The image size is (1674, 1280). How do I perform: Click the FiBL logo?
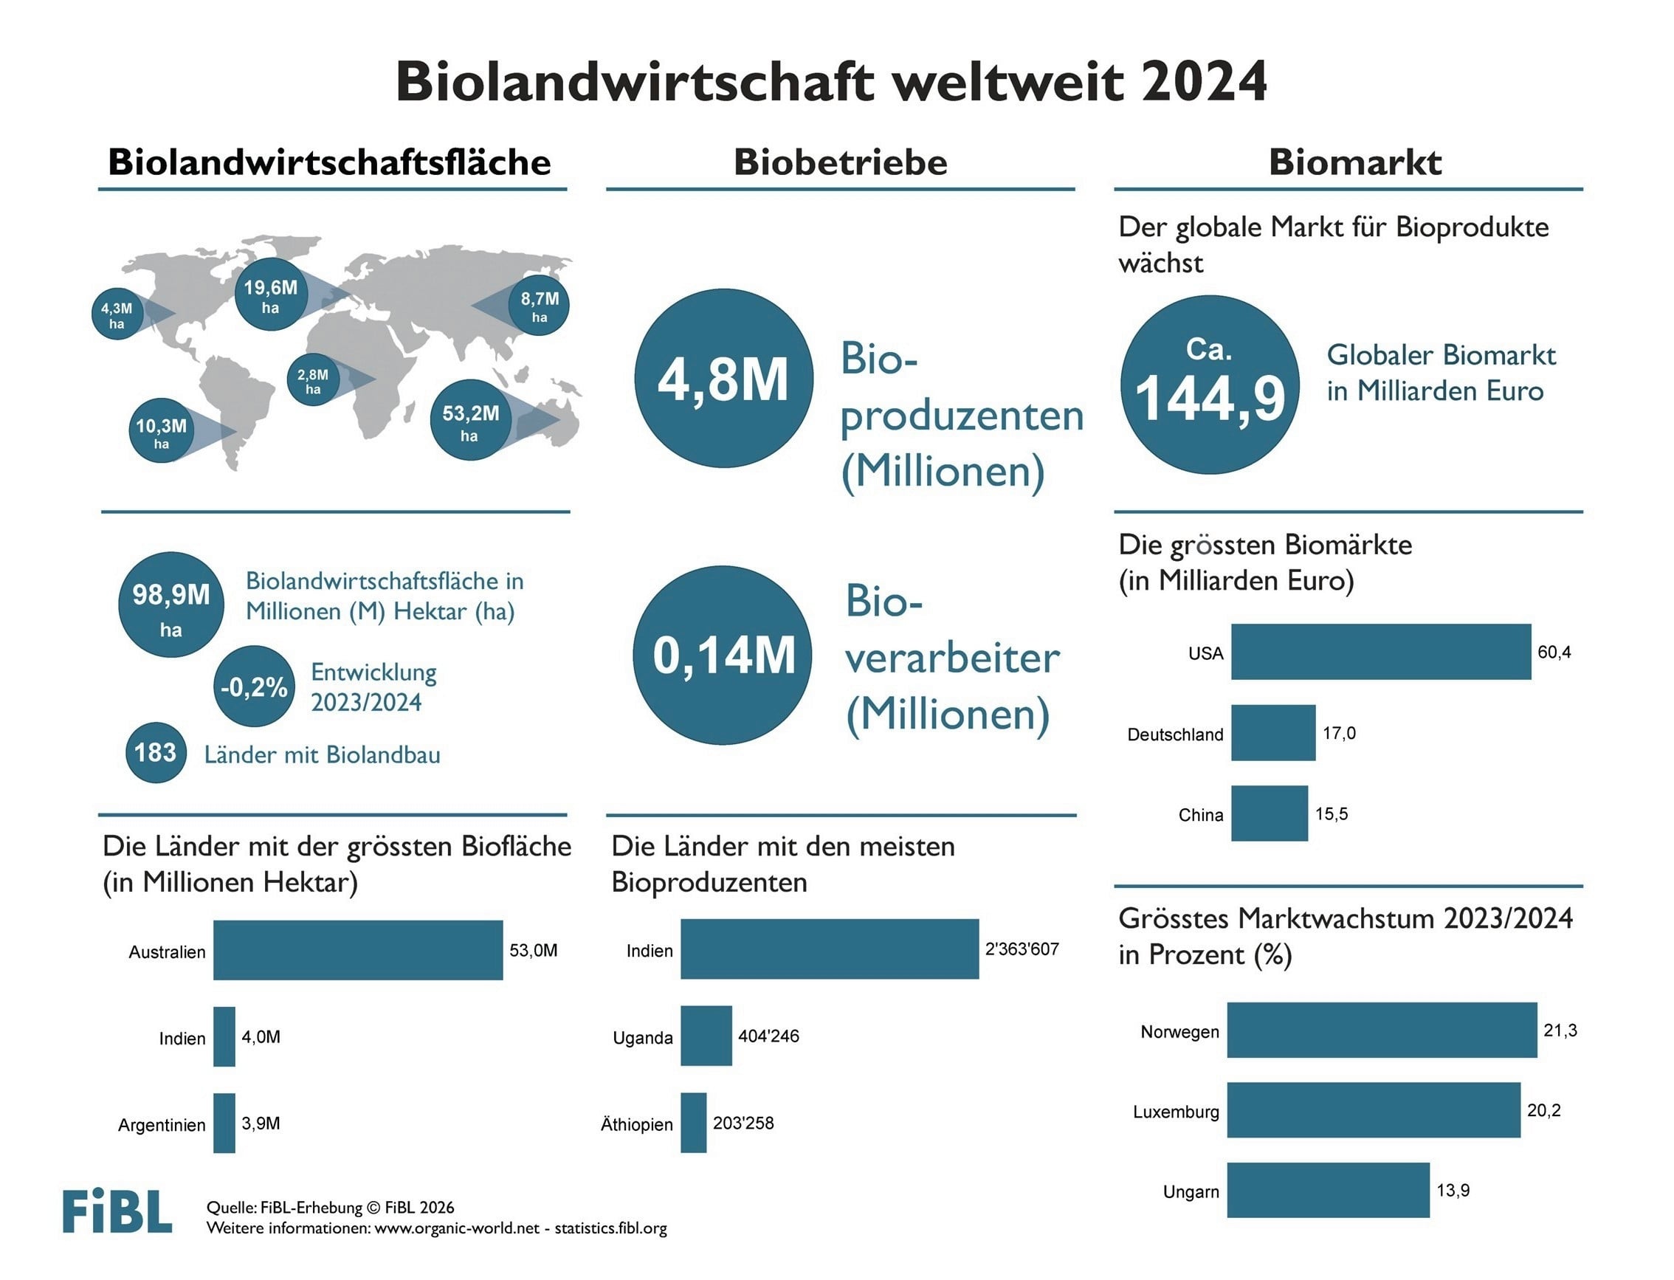click(x=117, y=1211)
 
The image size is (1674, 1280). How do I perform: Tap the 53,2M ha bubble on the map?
click(x=470, y=420)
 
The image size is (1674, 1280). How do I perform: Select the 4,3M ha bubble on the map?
click(x=117, y=314)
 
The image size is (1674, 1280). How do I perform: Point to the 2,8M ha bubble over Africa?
click(x=313, y=379)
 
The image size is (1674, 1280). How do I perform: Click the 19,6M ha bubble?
click(x=271, y=295)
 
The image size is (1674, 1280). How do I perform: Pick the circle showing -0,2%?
click(x=254, y=687)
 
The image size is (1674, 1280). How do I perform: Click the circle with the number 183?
click(x=155, y=753)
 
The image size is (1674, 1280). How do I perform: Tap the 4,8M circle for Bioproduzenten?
click(x=723, y=378)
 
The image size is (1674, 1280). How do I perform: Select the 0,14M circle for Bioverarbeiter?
click(x=723, y=656)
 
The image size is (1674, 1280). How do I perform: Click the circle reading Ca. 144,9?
click(x=1210, y=385)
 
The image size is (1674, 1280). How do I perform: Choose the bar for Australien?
click(x=358, y=950)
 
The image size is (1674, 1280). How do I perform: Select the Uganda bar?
click(x=706, y=1036)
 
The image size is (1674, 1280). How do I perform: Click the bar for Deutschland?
click(x=1272, y=733)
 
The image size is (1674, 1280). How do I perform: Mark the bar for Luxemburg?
click(x=1373, y=1110)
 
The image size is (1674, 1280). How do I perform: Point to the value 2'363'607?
click(x=1022, y=949)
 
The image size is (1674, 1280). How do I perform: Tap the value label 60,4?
click(x=1554, y=653)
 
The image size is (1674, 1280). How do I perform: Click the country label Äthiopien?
click(x=637, y=1124)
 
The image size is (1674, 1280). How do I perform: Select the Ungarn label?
click(x=1191, y=1191)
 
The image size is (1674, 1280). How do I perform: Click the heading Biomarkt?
click(x=1355, y=162)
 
